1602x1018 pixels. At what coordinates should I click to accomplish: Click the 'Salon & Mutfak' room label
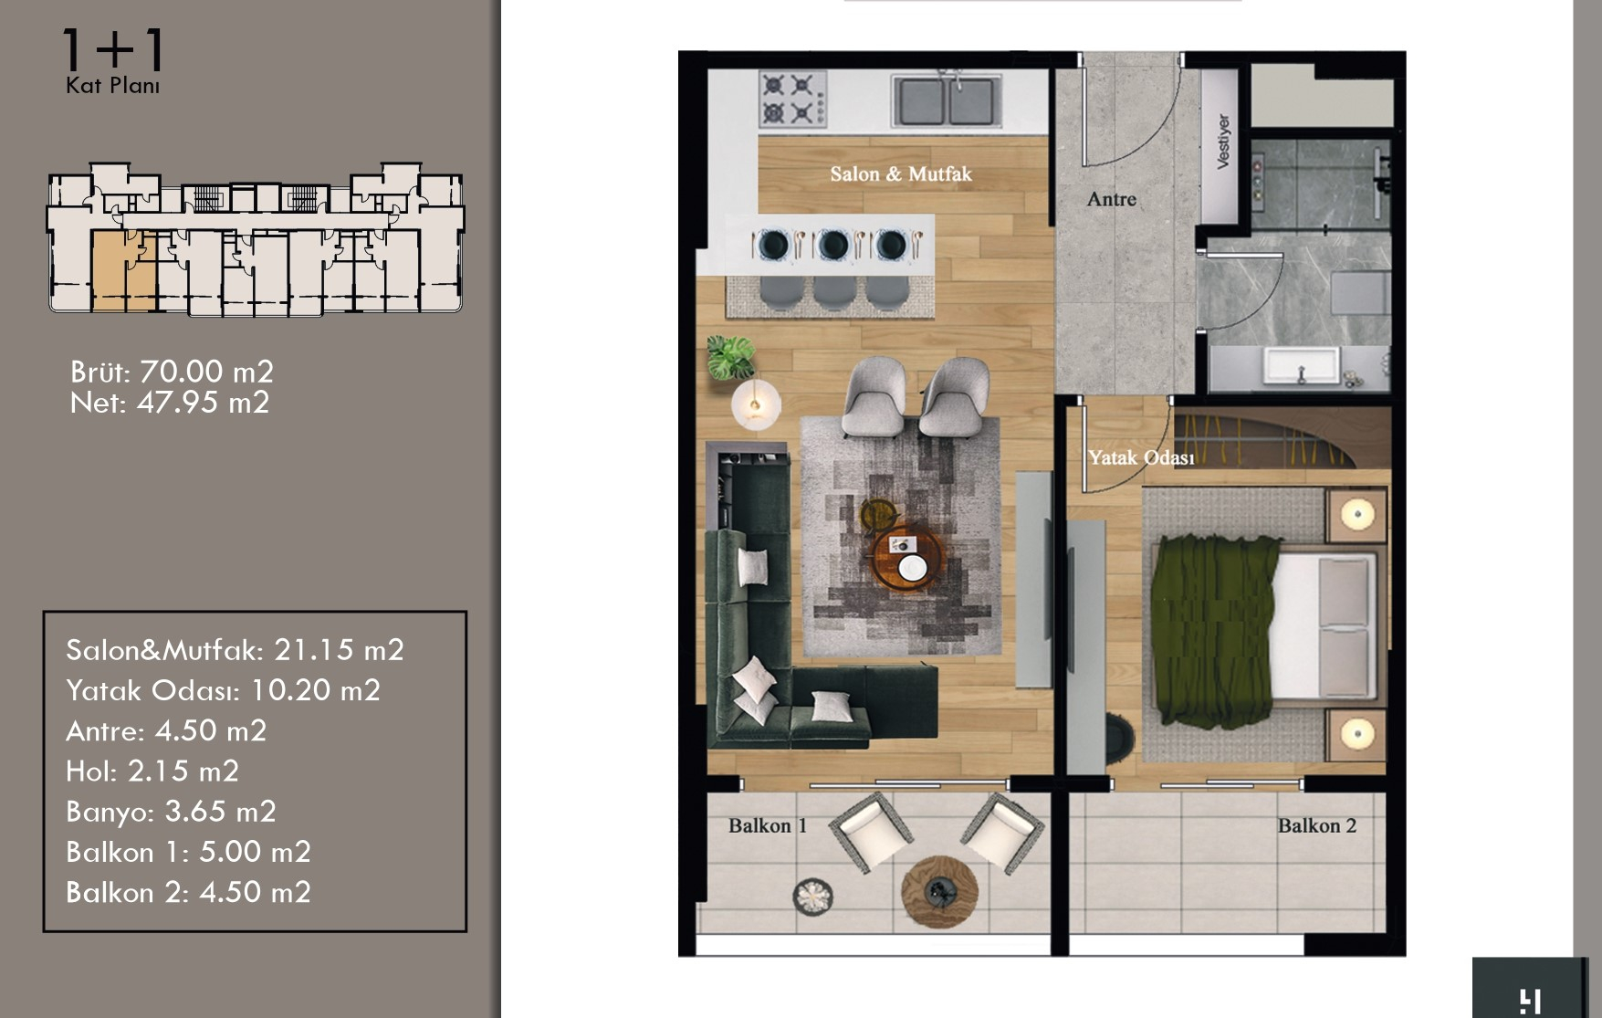(x=901, y=174)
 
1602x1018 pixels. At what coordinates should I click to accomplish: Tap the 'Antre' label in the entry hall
(x=1112, y=199)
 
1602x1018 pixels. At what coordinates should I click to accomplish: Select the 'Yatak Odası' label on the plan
(x=1141, y=457)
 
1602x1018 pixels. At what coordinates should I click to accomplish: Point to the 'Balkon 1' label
(x=768, y=826)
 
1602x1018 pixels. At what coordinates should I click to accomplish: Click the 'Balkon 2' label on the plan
(x=1317, y=826)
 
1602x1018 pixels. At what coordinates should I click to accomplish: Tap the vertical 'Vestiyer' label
(x=1223, y=142)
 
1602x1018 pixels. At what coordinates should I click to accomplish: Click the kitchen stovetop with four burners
(x=792, y=100)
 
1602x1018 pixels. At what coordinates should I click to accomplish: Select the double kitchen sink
(x=945, y=100)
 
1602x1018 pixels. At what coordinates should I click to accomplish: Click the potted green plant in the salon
(x=731, y=356)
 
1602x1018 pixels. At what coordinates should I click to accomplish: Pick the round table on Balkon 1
(x=939, y=891)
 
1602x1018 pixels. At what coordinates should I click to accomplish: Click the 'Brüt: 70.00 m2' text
(x=172, y=372)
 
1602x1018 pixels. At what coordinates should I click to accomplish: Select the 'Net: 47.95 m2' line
(x=170, y=403)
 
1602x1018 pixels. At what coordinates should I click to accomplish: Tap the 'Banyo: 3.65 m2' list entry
(x=171, y=812)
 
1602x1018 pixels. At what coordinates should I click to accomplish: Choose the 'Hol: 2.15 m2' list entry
(x=152, y=771)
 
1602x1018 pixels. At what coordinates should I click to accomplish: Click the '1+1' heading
(x=112, y=50)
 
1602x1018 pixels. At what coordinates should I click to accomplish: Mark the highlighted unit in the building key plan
(x=123, y=271)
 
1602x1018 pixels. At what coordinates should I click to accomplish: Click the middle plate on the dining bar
(x=832, y=245)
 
